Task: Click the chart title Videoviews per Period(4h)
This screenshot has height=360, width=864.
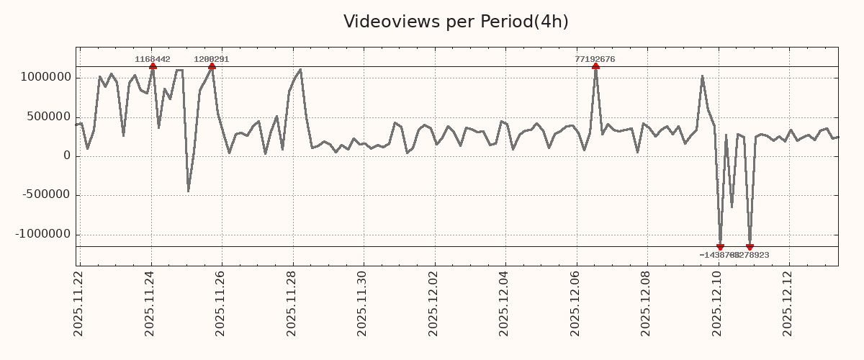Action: [456, 22]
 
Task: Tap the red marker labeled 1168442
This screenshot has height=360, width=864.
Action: [153, 66]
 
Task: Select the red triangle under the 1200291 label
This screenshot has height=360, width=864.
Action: [212, 66]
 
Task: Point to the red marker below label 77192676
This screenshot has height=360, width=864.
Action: [595, 66]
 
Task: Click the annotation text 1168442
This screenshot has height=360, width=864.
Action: [153, 59]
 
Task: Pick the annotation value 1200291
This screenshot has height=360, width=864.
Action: [212, 59]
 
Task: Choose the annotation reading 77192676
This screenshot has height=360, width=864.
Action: [595, 59]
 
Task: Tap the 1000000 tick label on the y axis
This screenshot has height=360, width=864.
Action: [43, 78]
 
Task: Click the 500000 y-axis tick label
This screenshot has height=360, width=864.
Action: [47, 117]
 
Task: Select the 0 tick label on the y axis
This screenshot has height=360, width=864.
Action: [67, 156]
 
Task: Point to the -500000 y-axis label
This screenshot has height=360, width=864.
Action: [45, 195]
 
